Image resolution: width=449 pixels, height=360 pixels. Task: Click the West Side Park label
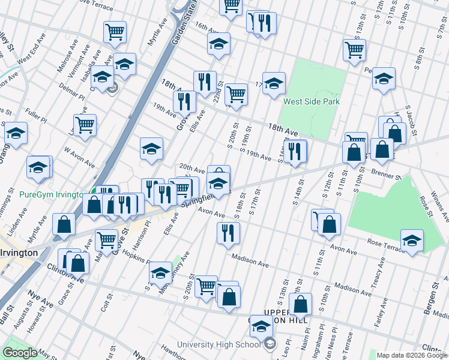point(312,101)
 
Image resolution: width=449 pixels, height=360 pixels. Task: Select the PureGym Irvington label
point(51,194)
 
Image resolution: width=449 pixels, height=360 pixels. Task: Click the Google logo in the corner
point(20,353)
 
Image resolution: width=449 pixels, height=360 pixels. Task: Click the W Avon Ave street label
point(79,158)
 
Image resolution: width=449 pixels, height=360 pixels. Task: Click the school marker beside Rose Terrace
point(412,241)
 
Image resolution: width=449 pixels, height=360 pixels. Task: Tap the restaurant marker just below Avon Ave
point(228,233)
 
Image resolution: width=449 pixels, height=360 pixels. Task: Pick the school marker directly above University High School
point(261,327)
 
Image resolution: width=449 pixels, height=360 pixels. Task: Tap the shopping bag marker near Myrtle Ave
point(64,224)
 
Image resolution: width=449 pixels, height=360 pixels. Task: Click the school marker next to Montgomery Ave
point(160,273)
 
